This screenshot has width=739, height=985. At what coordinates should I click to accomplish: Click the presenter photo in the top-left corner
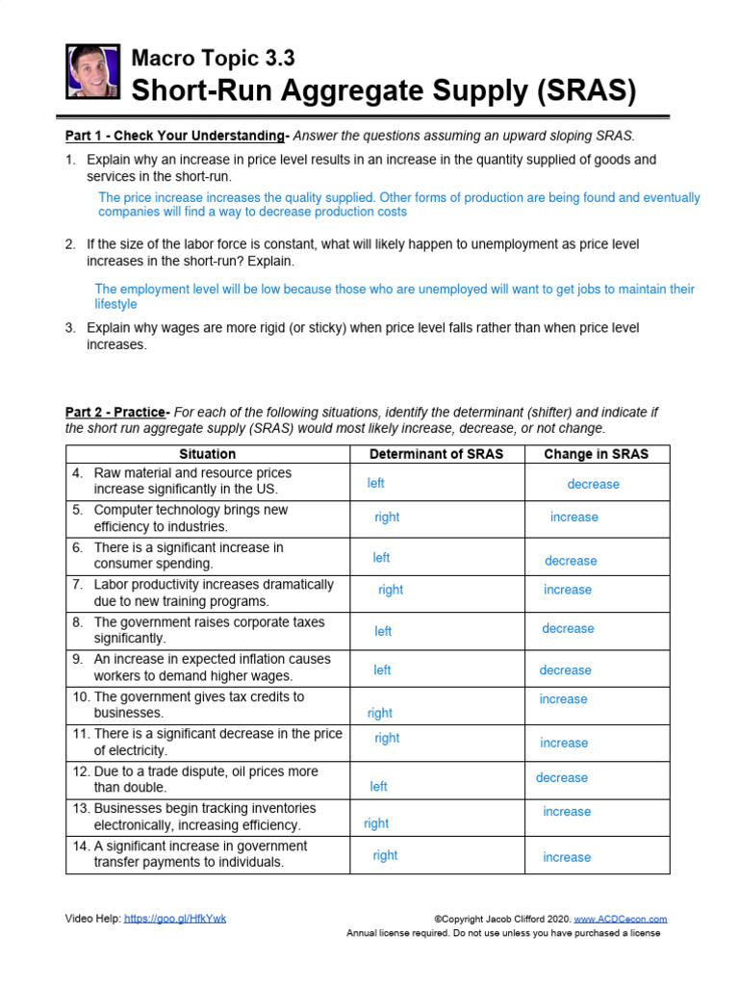(93, 71)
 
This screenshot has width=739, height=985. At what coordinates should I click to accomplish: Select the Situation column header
(207, 454)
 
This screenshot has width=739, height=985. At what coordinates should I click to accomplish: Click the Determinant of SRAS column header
(436, 454)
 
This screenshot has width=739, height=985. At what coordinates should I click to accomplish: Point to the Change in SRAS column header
(596, 454)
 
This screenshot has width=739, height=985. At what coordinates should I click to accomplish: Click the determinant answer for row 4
(375, 483)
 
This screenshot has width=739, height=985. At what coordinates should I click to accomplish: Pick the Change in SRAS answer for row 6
(571, 561)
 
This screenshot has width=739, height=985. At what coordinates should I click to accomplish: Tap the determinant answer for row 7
(391, 590)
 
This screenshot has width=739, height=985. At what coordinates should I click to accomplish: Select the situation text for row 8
(209, 630)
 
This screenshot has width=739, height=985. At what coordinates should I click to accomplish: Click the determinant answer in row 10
(380, 713)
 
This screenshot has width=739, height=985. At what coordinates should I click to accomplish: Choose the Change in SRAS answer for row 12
(561, 777)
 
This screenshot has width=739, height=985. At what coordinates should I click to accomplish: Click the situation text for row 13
(204, 817)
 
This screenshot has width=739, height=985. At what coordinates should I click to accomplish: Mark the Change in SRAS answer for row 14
(567, 857)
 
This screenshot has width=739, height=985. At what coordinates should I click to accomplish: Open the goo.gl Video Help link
(175, 919)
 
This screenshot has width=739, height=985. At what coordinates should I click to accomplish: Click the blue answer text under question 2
(395, 296)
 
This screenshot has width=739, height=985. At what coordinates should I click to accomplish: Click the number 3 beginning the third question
(70, 328)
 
